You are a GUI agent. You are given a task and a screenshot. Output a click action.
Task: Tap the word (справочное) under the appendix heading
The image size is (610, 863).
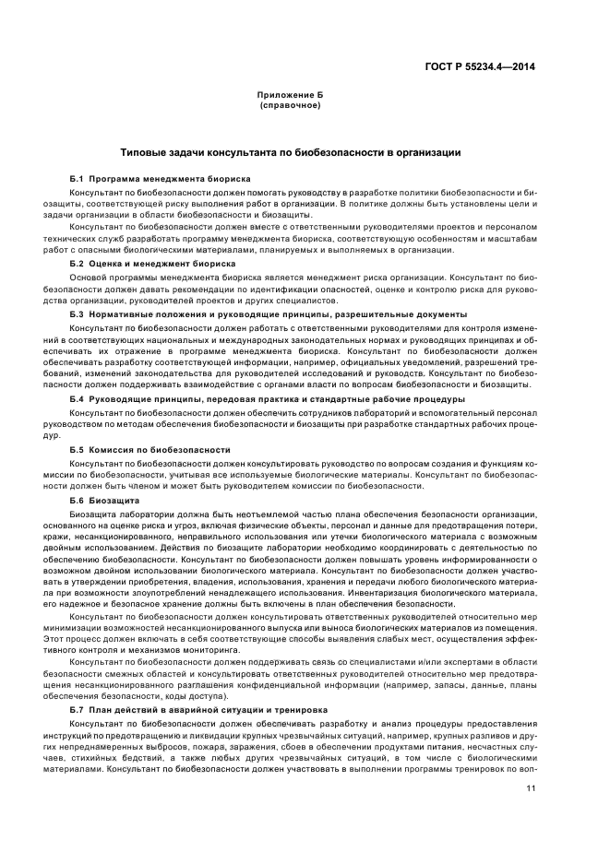pos(290,106)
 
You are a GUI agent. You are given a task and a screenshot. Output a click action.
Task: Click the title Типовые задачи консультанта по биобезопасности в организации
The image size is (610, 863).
pos(291,152)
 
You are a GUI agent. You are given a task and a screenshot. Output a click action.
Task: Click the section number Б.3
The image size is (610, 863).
pos(77,314)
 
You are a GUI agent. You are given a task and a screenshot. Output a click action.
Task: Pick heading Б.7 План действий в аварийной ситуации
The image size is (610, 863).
pos(198,710)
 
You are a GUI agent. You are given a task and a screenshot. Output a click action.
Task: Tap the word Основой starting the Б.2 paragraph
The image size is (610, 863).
pos(87,276)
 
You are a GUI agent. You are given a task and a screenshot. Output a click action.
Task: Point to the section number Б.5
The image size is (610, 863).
pos(77,449)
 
